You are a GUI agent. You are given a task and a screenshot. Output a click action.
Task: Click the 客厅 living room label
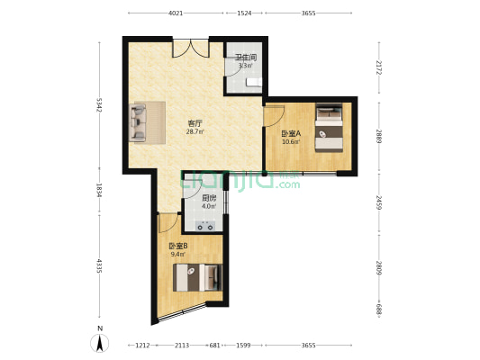[x=195, y=124]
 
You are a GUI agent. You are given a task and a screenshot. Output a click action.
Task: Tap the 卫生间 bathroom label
[x=246, y=58]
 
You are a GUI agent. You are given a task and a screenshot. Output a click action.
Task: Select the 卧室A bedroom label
[x=291, y=134]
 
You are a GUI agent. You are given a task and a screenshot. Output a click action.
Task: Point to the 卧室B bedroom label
[x=177, y=246]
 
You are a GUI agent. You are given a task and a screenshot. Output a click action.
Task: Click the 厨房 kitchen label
[x=209, y=198]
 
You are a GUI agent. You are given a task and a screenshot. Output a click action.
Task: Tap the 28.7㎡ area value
[x=195, y=131]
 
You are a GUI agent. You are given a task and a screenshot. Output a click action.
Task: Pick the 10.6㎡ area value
[x=291, y=141]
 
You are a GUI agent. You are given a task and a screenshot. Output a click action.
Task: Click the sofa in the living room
[x=138, y=122]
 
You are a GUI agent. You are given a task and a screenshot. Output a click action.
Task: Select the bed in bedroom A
[x=329, y=128]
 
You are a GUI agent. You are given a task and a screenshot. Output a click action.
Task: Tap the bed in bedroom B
[x=197, y=277]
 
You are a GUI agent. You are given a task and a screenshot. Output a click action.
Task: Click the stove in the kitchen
[x=205, y=226]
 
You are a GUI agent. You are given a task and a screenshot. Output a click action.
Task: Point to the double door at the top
[x=191, y=49]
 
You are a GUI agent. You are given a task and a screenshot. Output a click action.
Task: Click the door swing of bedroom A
[x=275, y=116]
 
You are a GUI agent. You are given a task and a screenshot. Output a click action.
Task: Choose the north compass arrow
[x=99, y=343]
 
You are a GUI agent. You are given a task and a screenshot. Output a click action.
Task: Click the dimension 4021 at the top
[x=176, y=13]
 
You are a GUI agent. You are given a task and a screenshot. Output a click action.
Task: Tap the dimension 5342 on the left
[x=99, y=105]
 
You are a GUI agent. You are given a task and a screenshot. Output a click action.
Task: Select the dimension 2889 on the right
[x=379, y=137]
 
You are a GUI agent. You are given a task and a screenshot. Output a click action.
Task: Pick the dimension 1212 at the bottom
[x=142, y=346]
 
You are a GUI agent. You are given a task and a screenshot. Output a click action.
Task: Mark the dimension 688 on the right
[x=379, y=310]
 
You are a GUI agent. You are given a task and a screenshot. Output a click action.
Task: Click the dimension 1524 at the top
[x=244, y=13]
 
